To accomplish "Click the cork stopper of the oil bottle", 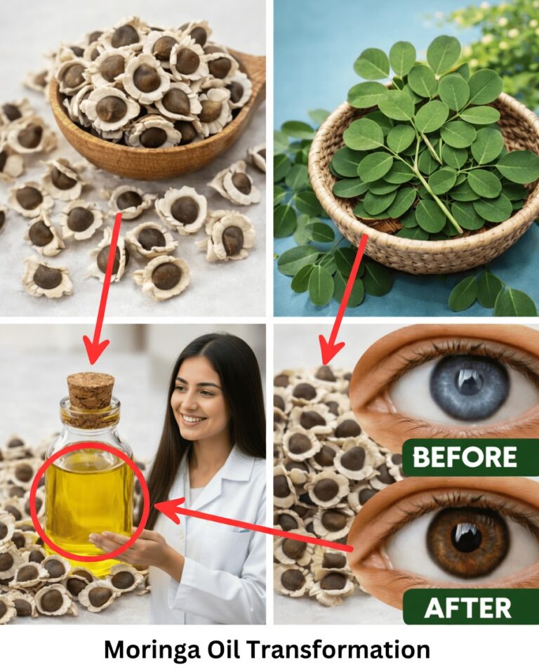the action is tap(91, 390).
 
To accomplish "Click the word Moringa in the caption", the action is tap(152, 650).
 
